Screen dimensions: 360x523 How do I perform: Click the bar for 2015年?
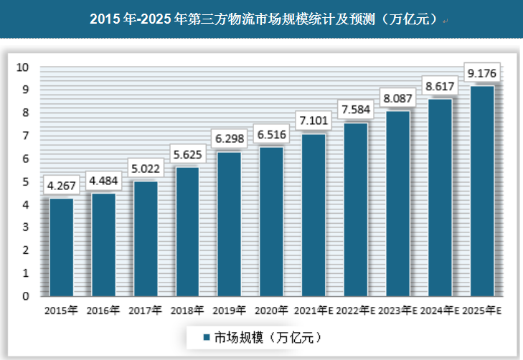[x=61, y=247]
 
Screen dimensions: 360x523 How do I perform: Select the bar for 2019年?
[x=229, y=224]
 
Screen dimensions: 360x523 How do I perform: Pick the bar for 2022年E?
[x=356, y=209]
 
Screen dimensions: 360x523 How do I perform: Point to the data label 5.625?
[x=187, y=153]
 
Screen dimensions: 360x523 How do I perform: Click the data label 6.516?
[x=271, y=134]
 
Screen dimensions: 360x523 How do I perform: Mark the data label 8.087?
[x=398, y=97]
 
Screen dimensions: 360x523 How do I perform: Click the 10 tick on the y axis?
[x=22, y=67]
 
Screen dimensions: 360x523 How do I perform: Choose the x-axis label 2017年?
[x=145, y=311]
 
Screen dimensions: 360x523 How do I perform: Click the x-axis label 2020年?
[x=271, y=311]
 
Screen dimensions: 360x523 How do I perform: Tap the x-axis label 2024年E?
[x=440, y=311]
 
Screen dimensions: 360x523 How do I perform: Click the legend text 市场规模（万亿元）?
[x=265, y=336]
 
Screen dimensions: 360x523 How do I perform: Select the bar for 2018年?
[x=187, y=232]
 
